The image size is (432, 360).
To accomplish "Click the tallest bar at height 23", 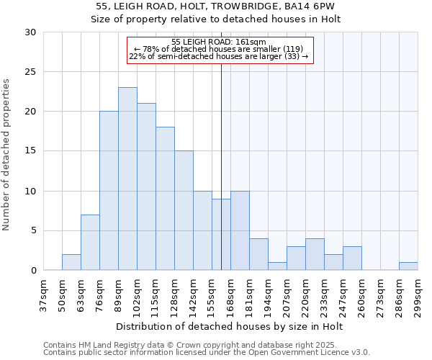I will tap(127, 179).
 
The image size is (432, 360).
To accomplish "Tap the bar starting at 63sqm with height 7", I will tap(90, 243).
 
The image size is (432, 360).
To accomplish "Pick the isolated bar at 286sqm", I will tap(408, 266).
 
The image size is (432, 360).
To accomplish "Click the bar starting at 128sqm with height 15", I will tap(184, 210).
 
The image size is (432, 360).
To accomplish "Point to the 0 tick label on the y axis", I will tap(32, 271).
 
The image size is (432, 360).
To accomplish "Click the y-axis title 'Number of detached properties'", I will tap(6, 155).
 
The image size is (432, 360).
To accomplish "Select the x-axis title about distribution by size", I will tap(229, 327).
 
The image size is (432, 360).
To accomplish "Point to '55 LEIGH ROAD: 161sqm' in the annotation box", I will tap(220, 42).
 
